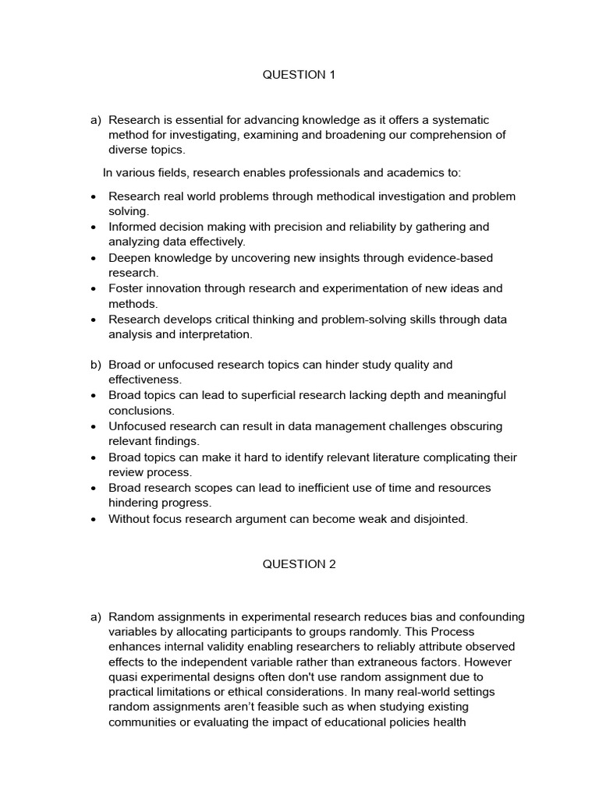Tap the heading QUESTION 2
pyautogui.click(x=299, y=564)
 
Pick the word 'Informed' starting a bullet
pyautogui.click(x=132, y=227)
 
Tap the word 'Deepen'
pyautogui.click(x=129, y=258)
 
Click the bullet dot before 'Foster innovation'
pyautogui.click(x=94, y=289)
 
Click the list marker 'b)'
pyautogui.click(x=96, y=365)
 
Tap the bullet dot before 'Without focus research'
pyautogui.click(x=94, y=520)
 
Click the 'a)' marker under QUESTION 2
pyautogui.click(x=96, y=617)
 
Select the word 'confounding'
pyautogui.click(x=491, y=617)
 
